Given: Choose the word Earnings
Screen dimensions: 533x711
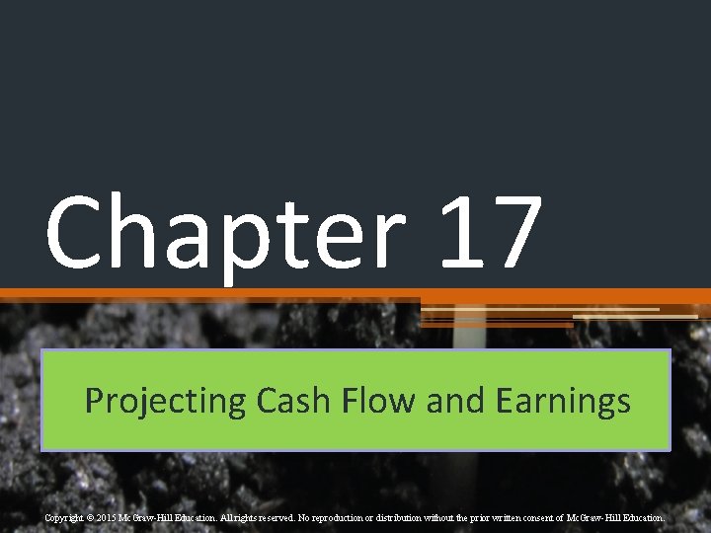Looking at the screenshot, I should point(563,401).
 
